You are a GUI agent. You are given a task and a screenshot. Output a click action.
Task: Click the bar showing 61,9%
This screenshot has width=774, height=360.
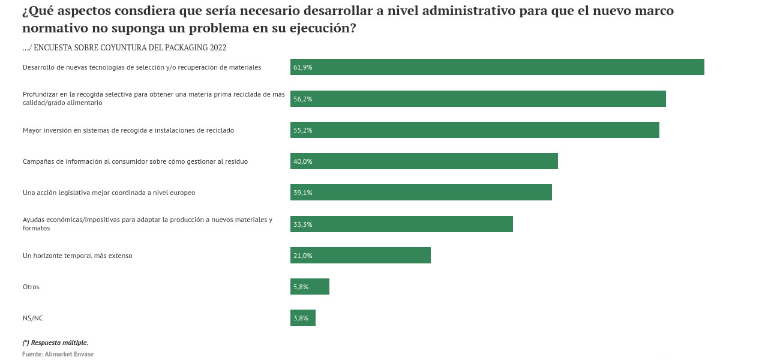497,67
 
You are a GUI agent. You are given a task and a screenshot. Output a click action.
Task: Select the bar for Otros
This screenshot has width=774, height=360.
310,287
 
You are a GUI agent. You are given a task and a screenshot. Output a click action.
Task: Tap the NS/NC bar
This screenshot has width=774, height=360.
303,318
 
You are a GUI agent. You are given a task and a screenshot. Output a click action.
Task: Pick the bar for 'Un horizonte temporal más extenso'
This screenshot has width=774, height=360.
360,256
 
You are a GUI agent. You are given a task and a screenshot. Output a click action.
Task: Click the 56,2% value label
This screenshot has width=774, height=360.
303,99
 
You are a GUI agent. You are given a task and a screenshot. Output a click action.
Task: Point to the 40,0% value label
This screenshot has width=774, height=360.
303,161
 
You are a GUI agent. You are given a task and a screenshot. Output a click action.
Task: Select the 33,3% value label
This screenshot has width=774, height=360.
303,224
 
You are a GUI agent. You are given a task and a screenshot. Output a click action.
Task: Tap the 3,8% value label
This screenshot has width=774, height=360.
301,318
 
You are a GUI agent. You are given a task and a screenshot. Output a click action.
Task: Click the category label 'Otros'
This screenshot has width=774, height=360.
31,287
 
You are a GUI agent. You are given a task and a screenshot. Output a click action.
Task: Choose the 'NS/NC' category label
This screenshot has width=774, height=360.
33,318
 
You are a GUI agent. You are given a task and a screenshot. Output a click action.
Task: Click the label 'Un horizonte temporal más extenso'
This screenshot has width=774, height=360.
77,256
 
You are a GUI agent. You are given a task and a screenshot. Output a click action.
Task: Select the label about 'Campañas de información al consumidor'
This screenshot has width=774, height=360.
135,161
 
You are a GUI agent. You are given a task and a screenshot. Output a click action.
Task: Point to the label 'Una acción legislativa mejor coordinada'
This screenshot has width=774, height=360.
109,193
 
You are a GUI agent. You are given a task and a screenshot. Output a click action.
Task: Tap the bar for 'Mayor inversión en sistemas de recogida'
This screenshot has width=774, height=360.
475,130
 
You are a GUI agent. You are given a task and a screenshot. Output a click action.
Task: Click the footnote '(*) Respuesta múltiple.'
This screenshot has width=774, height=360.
55,343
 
